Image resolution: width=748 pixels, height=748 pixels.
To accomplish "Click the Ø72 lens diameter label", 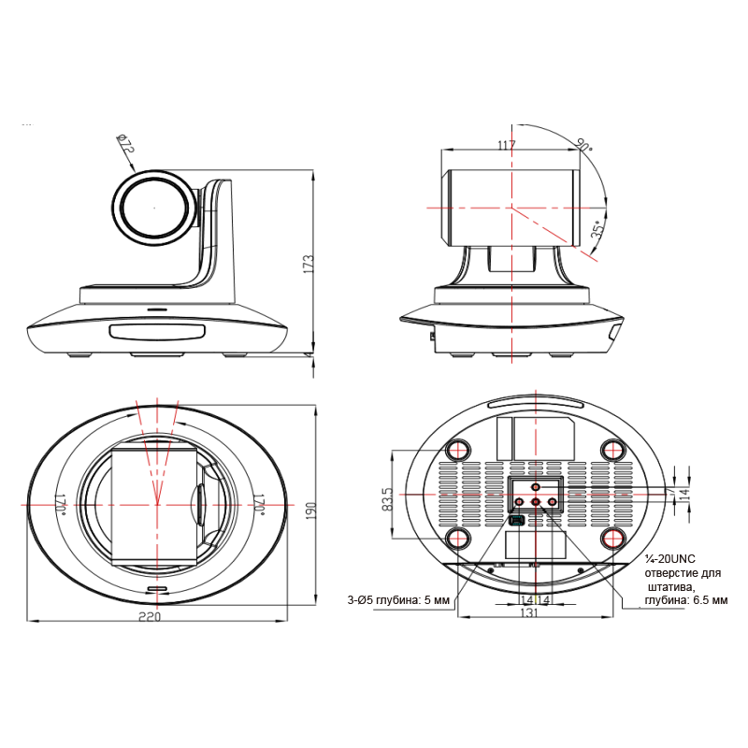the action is coord(126,144).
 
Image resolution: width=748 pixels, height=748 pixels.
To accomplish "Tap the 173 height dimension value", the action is coord(309,264).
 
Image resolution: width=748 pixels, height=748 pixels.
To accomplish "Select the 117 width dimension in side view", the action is coord(506,145).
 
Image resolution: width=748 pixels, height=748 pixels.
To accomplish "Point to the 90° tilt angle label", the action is coord(583,144).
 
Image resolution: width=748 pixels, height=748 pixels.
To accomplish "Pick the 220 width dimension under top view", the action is coord(150,617).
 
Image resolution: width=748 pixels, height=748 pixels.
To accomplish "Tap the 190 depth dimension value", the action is coord(310,511).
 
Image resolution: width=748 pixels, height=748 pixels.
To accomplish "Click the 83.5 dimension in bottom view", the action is coord(388,499).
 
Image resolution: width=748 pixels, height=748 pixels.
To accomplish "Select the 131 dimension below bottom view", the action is coord(528,612).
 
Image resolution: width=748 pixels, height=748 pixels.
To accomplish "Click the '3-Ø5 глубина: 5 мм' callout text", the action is coord(398,600).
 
